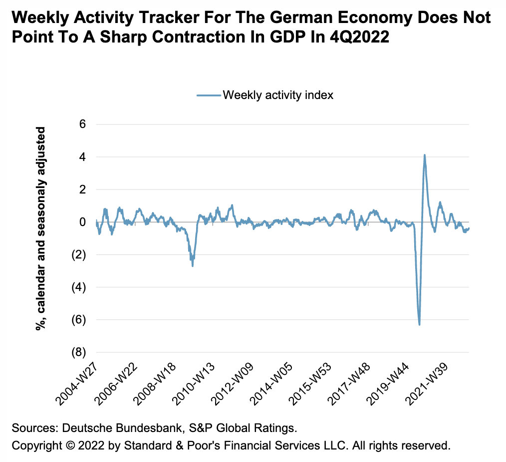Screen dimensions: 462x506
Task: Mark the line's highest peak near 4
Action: point(425,155)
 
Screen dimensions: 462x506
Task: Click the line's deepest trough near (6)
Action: point(419,324)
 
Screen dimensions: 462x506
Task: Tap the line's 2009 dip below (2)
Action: point(193,265)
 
